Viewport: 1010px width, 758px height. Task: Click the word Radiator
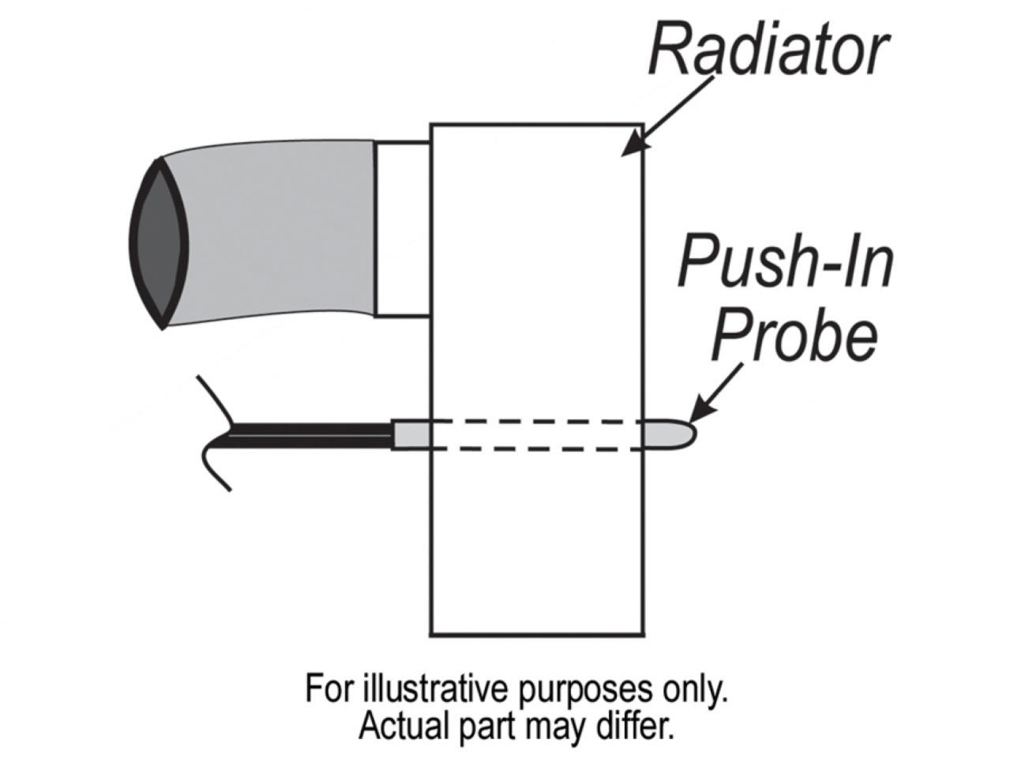[766, 49]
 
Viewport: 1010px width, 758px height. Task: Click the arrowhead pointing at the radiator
[632, 147]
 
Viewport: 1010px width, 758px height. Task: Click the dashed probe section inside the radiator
[537, 435]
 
